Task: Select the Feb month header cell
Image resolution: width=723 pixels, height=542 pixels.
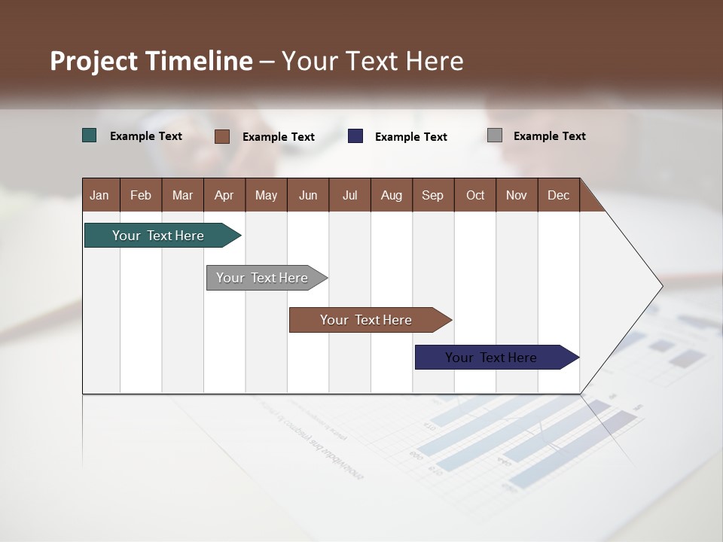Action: [x=141, y=195]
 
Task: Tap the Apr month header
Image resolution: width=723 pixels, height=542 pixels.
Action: [x=224, y=195]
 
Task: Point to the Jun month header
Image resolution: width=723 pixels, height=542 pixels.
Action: [x=308, y=195]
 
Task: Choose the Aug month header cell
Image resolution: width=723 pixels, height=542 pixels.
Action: [x=392, y=195]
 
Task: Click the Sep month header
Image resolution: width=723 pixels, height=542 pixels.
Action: [x=433, y=195]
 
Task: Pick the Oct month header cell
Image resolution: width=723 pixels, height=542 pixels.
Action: [x=475, y=195]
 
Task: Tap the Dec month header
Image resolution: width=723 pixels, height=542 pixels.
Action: [x=559, y=195]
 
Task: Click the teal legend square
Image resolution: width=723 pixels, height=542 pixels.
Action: [x=90, y=135]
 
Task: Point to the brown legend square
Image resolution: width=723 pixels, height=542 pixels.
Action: [x=222, y=136]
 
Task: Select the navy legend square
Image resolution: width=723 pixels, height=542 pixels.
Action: [x=355, y=136]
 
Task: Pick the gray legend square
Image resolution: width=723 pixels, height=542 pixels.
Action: [x=495, y=135]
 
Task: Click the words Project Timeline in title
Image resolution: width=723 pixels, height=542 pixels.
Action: [x=151, y=61]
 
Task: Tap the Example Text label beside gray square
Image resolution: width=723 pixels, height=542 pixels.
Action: [x=550, y=136]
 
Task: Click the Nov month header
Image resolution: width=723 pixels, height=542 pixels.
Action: [x=517, y=195]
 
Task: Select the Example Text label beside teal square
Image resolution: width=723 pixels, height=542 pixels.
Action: [x=146, y=136]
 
